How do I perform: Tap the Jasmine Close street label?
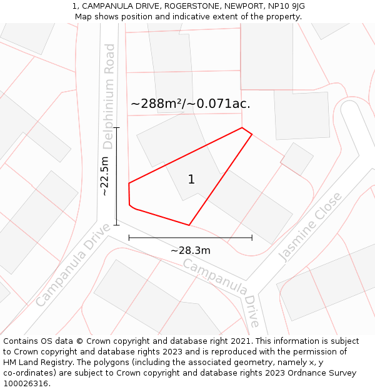[x=310, y=227]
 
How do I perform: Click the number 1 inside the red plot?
[x=191, y=180]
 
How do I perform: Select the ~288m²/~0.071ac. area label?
[x=191, y=104]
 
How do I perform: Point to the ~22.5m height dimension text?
[x=104, y=176]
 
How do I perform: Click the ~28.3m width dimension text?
[x=190, y=250]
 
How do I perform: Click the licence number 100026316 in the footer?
[x=27, y=384]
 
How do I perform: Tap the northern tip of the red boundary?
[x=242, y=128]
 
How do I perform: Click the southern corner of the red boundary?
[x=189, y=225]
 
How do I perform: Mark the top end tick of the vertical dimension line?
[x=116, y=127]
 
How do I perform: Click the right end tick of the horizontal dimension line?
[x=252, y=238]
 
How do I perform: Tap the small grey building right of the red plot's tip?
[x=297, y=159]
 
